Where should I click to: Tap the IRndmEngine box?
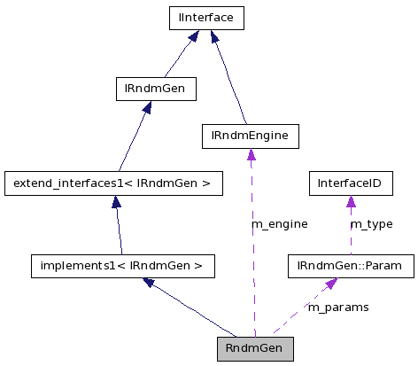pos(251,136)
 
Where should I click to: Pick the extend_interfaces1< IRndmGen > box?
pos(112,183)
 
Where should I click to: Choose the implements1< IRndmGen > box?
pos(123,264)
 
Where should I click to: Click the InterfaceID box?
pos(350,183)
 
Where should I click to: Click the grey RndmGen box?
pos(254,348)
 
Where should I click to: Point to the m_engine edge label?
pos(280,224)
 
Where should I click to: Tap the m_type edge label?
pos(371,224)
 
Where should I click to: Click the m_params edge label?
pos(337,307)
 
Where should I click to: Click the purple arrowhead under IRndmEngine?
pos(251,155)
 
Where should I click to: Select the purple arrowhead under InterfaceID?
pos(350,203)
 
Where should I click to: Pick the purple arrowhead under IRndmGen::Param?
pos(330,283)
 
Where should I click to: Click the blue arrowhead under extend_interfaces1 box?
pos(115,203)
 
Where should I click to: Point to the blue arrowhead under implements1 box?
pos(150,282)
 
